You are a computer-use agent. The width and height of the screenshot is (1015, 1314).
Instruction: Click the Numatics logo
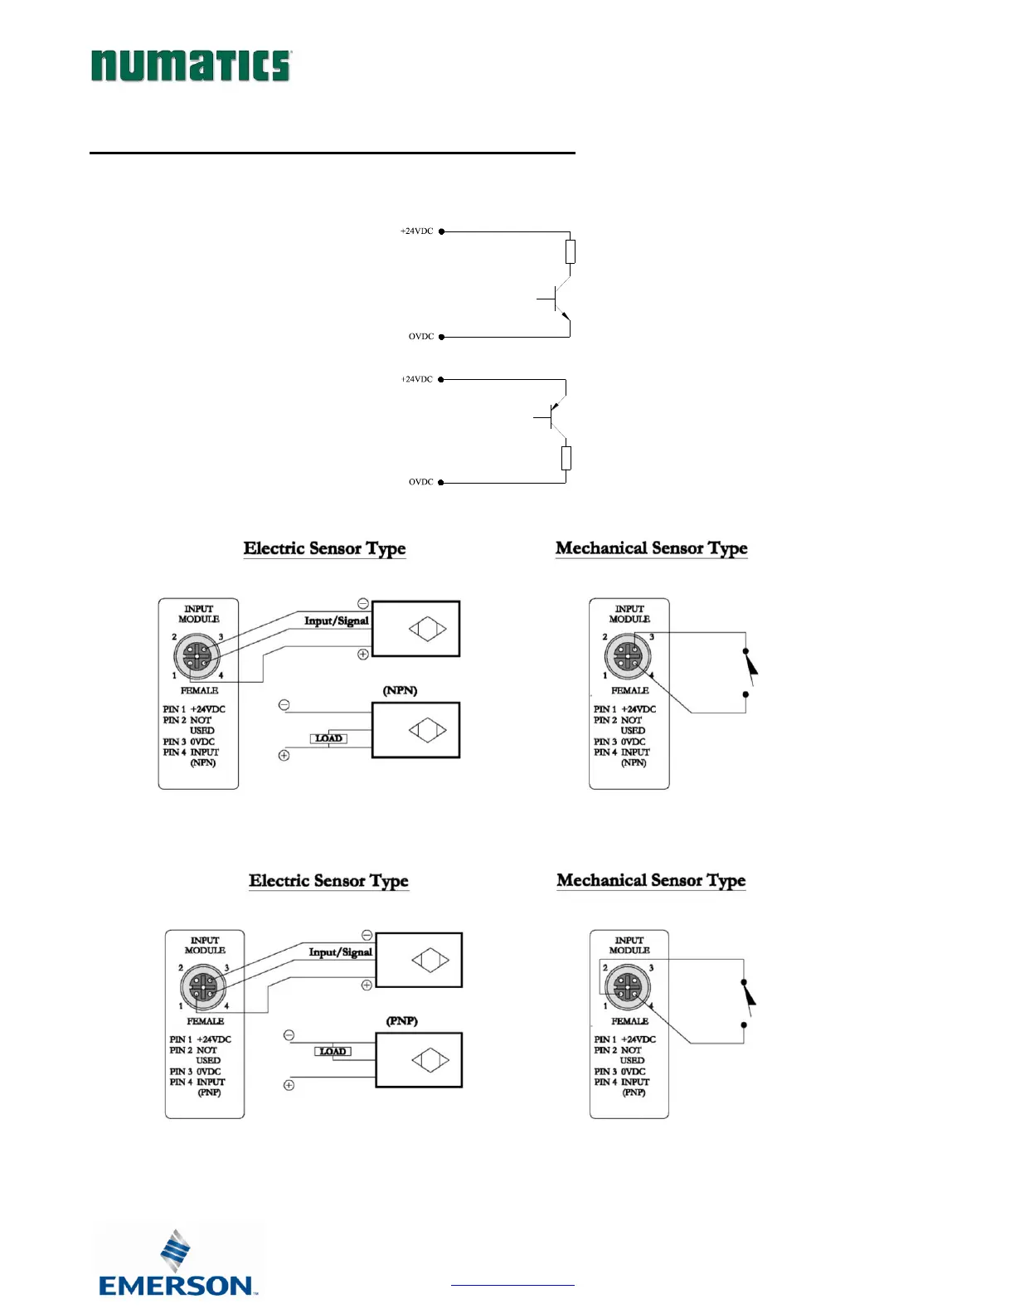(x=191, y=66)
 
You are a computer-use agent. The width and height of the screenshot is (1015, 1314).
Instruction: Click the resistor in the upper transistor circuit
(x=570, y=251)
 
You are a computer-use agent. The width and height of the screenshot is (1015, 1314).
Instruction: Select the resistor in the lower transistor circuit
(x=566, y=458)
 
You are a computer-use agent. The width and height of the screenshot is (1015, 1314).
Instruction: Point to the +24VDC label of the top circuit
(x=417, y=231)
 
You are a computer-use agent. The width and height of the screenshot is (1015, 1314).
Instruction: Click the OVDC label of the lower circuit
(x=421, y=482)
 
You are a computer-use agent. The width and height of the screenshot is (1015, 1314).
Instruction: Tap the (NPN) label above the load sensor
(x=400, y=690)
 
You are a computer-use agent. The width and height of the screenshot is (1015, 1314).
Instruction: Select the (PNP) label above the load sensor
(x=402, y=1020)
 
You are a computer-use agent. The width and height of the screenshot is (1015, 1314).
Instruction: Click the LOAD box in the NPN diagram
(x=328, y=738)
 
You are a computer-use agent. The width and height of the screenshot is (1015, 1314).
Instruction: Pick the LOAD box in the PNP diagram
(x=333, y=1051)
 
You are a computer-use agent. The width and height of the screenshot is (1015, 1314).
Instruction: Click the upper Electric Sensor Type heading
(x=324, y=548)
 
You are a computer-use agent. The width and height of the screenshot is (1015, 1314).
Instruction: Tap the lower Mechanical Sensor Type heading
(x=651, y=880)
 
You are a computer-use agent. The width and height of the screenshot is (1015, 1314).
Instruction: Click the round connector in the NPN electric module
(x=197, y=656)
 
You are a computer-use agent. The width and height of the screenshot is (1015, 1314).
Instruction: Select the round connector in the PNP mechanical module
(x=628, y=987)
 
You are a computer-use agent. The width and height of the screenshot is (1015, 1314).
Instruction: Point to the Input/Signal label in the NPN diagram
(x=336, y=620)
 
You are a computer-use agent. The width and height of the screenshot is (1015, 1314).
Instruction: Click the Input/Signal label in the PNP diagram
(x=340, y=952)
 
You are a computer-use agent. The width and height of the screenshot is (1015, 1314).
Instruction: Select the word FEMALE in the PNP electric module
(x=205, y=1021)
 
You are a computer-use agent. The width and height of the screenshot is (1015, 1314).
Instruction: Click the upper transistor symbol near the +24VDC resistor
(x=557, y=299)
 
